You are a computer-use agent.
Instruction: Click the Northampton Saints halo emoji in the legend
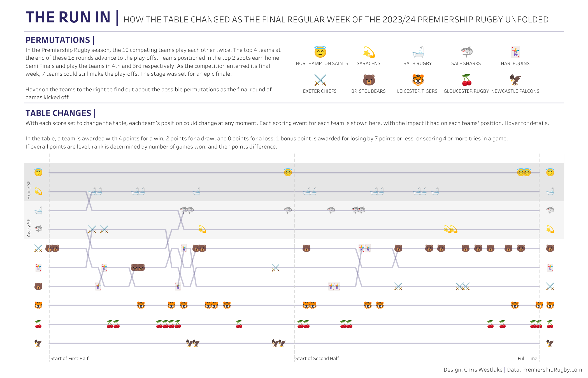click(x=320, y=52)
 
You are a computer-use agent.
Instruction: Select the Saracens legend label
click(x=368, y=64)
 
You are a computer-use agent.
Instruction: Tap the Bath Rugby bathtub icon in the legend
click(x=418, y=52)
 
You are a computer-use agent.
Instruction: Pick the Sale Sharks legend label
click(x=466, y=64)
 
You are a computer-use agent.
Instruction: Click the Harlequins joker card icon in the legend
click(x=515, y=52)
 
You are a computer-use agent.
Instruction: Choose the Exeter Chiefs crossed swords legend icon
click(x=320, y=80)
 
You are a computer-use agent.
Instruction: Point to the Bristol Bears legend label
click(x=368, y=91)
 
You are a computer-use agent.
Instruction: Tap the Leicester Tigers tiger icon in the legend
click(x=418, y=80)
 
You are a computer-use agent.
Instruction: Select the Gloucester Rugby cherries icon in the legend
click(x=466, y=80)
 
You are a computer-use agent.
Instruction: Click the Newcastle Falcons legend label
click(x=515, y=91)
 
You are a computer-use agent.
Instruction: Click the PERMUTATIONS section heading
click(x=58, y=40)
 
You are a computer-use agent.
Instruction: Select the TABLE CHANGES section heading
click(x=58, y=113)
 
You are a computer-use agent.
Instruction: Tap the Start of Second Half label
click(x=317, y=358)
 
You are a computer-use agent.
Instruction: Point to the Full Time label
click(x=527, y=358)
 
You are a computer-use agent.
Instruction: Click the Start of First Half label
click(x=69, y=358)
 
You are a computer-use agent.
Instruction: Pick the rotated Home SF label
click(x=29, y=190)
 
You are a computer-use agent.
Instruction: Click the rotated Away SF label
click(x=29, y=228)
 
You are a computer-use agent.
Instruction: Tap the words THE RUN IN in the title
click(x=68, y=17)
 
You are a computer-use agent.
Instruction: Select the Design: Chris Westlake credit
click(x=473, y=370)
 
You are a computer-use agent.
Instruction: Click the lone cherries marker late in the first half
click(x=239, y=324)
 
